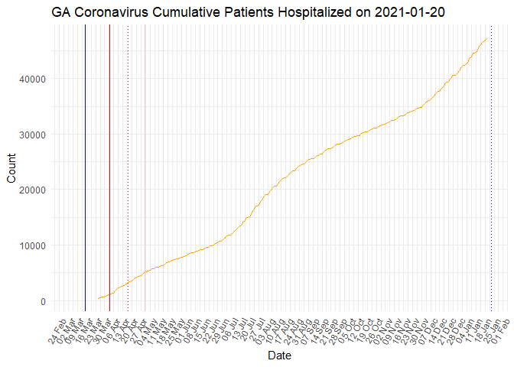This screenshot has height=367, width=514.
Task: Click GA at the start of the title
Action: coord(62,12)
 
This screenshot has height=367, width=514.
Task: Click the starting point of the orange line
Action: coord(98,299)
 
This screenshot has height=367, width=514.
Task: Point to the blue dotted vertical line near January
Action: coord(491,168)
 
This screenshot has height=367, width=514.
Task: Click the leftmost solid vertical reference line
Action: coord(85,168)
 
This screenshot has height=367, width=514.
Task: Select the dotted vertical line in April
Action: coord(128,168)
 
